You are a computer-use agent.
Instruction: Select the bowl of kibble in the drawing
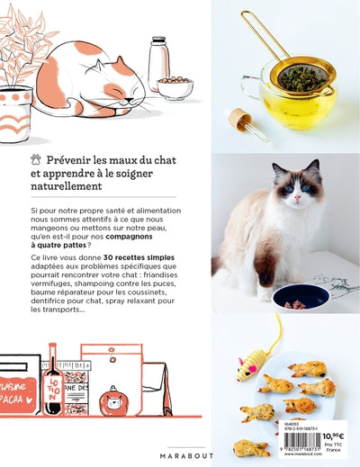coord(175,86)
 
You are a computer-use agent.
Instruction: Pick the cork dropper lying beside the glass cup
coord(248,122)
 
